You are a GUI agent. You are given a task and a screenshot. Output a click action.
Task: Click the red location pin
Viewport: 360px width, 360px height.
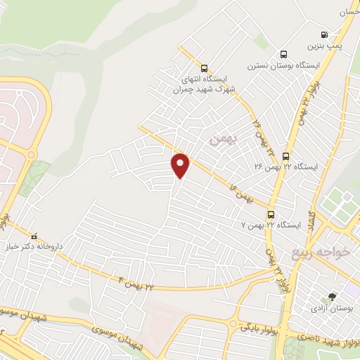point(181,165)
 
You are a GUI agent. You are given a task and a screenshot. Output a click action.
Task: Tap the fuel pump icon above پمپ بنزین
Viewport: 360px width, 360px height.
point(324,34)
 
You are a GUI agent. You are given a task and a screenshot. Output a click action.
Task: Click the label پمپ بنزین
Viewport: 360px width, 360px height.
point(324,46)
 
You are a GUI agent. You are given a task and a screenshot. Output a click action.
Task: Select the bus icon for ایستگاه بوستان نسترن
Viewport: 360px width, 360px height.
point(283,54)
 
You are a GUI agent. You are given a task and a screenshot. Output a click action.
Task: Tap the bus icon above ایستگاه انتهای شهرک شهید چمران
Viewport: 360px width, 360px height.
point(204,69)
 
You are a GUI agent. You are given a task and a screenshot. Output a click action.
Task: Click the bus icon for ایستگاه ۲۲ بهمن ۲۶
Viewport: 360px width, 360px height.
point(286,156)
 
